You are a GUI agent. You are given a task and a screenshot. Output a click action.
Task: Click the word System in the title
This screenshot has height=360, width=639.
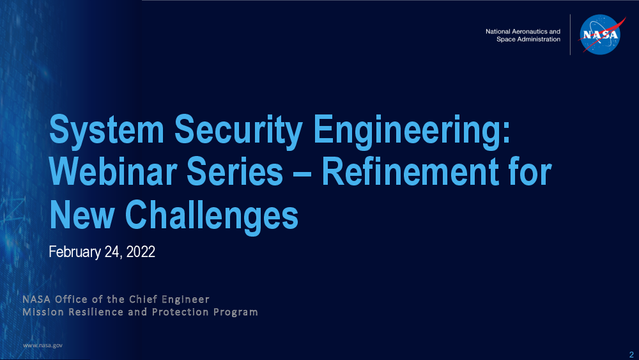106,130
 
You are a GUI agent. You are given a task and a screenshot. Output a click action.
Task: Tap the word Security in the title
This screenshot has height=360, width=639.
238,130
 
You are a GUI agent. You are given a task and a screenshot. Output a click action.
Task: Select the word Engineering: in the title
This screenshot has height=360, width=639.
412,130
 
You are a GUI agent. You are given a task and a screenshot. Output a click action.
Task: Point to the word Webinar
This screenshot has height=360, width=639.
113,171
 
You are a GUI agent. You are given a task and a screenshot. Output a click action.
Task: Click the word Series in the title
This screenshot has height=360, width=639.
235,171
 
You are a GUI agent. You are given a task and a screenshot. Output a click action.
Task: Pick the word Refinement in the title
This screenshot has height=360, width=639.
410,171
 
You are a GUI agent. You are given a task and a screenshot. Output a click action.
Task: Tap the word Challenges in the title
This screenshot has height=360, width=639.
212,216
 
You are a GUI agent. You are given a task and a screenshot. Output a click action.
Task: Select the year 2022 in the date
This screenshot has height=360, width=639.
141,251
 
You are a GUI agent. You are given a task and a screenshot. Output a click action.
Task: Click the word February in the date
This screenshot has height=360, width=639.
75,252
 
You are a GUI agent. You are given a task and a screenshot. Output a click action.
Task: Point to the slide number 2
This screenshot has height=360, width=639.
631,355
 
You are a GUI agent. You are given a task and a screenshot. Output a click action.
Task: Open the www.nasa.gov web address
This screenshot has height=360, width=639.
43,345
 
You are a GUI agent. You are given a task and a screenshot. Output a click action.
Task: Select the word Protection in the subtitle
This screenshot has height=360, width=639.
180,312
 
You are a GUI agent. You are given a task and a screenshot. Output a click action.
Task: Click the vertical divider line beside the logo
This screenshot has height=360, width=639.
570,35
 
